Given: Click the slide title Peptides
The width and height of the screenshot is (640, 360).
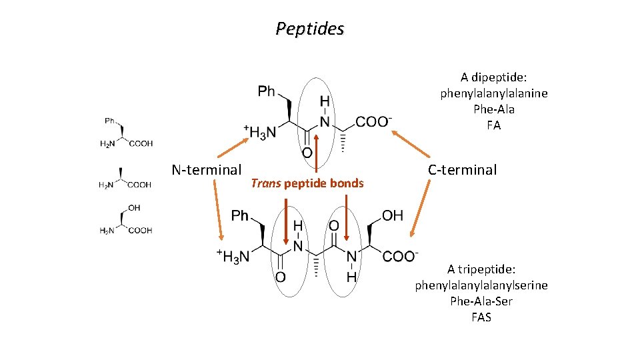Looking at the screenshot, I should tap(310, 29).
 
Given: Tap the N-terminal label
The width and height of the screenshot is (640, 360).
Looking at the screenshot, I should tap(206, 170).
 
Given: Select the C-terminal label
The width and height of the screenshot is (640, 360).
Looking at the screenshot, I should tap(462, 170).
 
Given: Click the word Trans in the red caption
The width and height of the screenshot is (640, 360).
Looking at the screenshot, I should tap(265, 183).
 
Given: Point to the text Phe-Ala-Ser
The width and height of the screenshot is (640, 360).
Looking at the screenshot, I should tap(481, 301).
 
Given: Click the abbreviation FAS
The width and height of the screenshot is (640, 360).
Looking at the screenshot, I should tap(481, 317).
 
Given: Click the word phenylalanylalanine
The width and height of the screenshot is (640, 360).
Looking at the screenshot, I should tap(493, 93).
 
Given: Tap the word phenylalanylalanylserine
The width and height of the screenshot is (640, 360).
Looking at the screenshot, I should tap(481, 285).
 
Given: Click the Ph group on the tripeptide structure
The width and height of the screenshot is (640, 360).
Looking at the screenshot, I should tap(239, 215).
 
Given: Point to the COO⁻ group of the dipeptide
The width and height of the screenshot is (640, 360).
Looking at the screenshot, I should tap(373, 121).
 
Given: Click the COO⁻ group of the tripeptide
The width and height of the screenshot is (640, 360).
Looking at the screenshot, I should tap(401, 257).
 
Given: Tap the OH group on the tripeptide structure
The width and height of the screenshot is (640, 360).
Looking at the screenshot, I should tap(393, 215).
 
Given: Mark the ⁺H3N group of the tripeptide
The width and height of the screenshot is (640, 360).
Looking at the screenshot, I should tap(233, 256).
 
